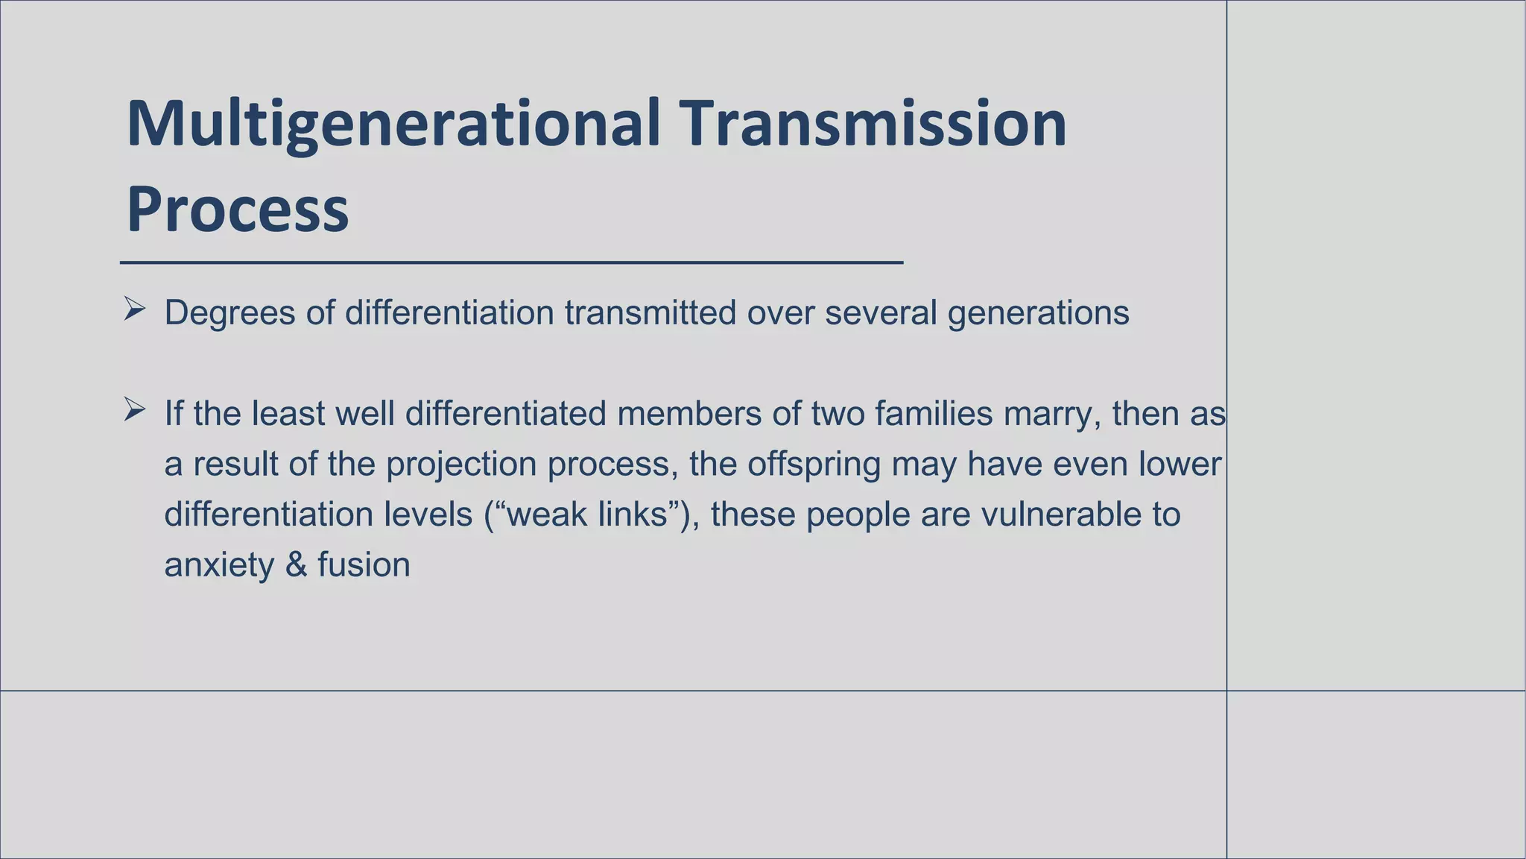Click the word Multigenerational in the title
click(393, 125)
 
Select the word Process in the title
click(237, 210)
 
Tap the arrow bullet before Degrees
click(134, 309)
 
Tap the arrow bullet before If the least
click(134, 409)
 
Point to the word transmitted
click(650, 312)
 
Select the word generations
click(1038, 312)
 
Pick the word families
click(934, 413)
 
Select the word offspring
click(814, 465)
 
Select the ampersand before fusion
click(296, 564)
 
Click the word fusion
click(364, 564)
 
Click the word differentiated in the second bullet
click(505, 413)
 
